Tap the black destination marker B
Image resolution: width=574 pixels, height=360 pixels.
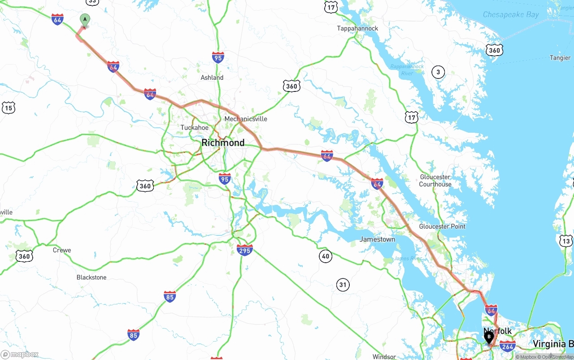(x=489, y=337)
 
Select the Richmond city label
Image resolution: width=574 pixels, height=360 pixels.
(x=223, y=143)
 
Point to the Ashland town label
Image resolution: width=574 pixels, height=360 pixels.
(x=212, y=78)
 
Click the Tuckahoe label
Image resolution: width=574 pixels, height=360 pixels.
(x=194, y=128)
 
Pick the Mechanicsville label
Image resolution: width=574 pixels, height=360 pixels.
(x=246, y=119)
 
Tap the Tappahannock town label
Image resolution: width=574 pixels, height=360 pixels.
(x=357, y=28)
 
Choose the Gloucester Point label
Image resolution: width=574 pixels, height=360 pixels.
(x=442, y=226)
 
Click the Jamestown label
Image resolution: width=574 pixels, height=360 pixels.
(x=377, y=239)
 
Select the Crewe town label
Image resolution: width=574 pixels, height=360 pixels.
(x=62, y=250)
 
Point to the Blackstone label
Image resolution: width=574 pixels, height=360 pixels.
(x=91, y=278)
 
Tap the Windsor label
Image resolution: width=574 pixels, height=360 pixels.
(x=384, y=357)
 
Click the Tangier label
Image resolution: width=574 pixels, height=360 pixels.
(x=560, y=58)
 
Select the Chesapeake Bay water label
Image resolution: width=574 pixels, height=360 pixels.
(x=511, y=15)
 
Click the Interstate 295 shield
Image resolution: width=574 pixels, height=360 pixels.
(x=244, y=250)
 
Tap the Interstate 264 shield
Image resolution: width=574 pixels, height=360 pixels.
(x=508, y=346)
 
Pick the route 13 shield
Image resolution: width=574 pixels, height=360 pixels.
(x=566, y=242)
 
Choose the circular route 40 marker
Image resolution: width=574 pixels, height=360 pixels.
(x=326, y=256)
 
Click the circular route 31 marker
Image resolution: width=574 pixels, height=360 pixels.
(x=343, y=285)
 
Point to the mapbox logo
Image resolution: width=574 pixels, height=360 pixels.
(x=20, y=354)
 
